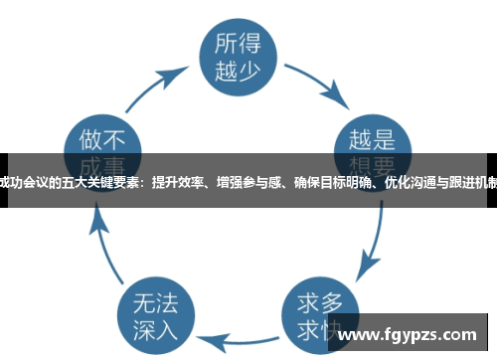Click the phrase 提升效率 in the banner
coord(176,182)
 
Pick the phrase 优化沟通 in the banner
coord(410,182)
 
